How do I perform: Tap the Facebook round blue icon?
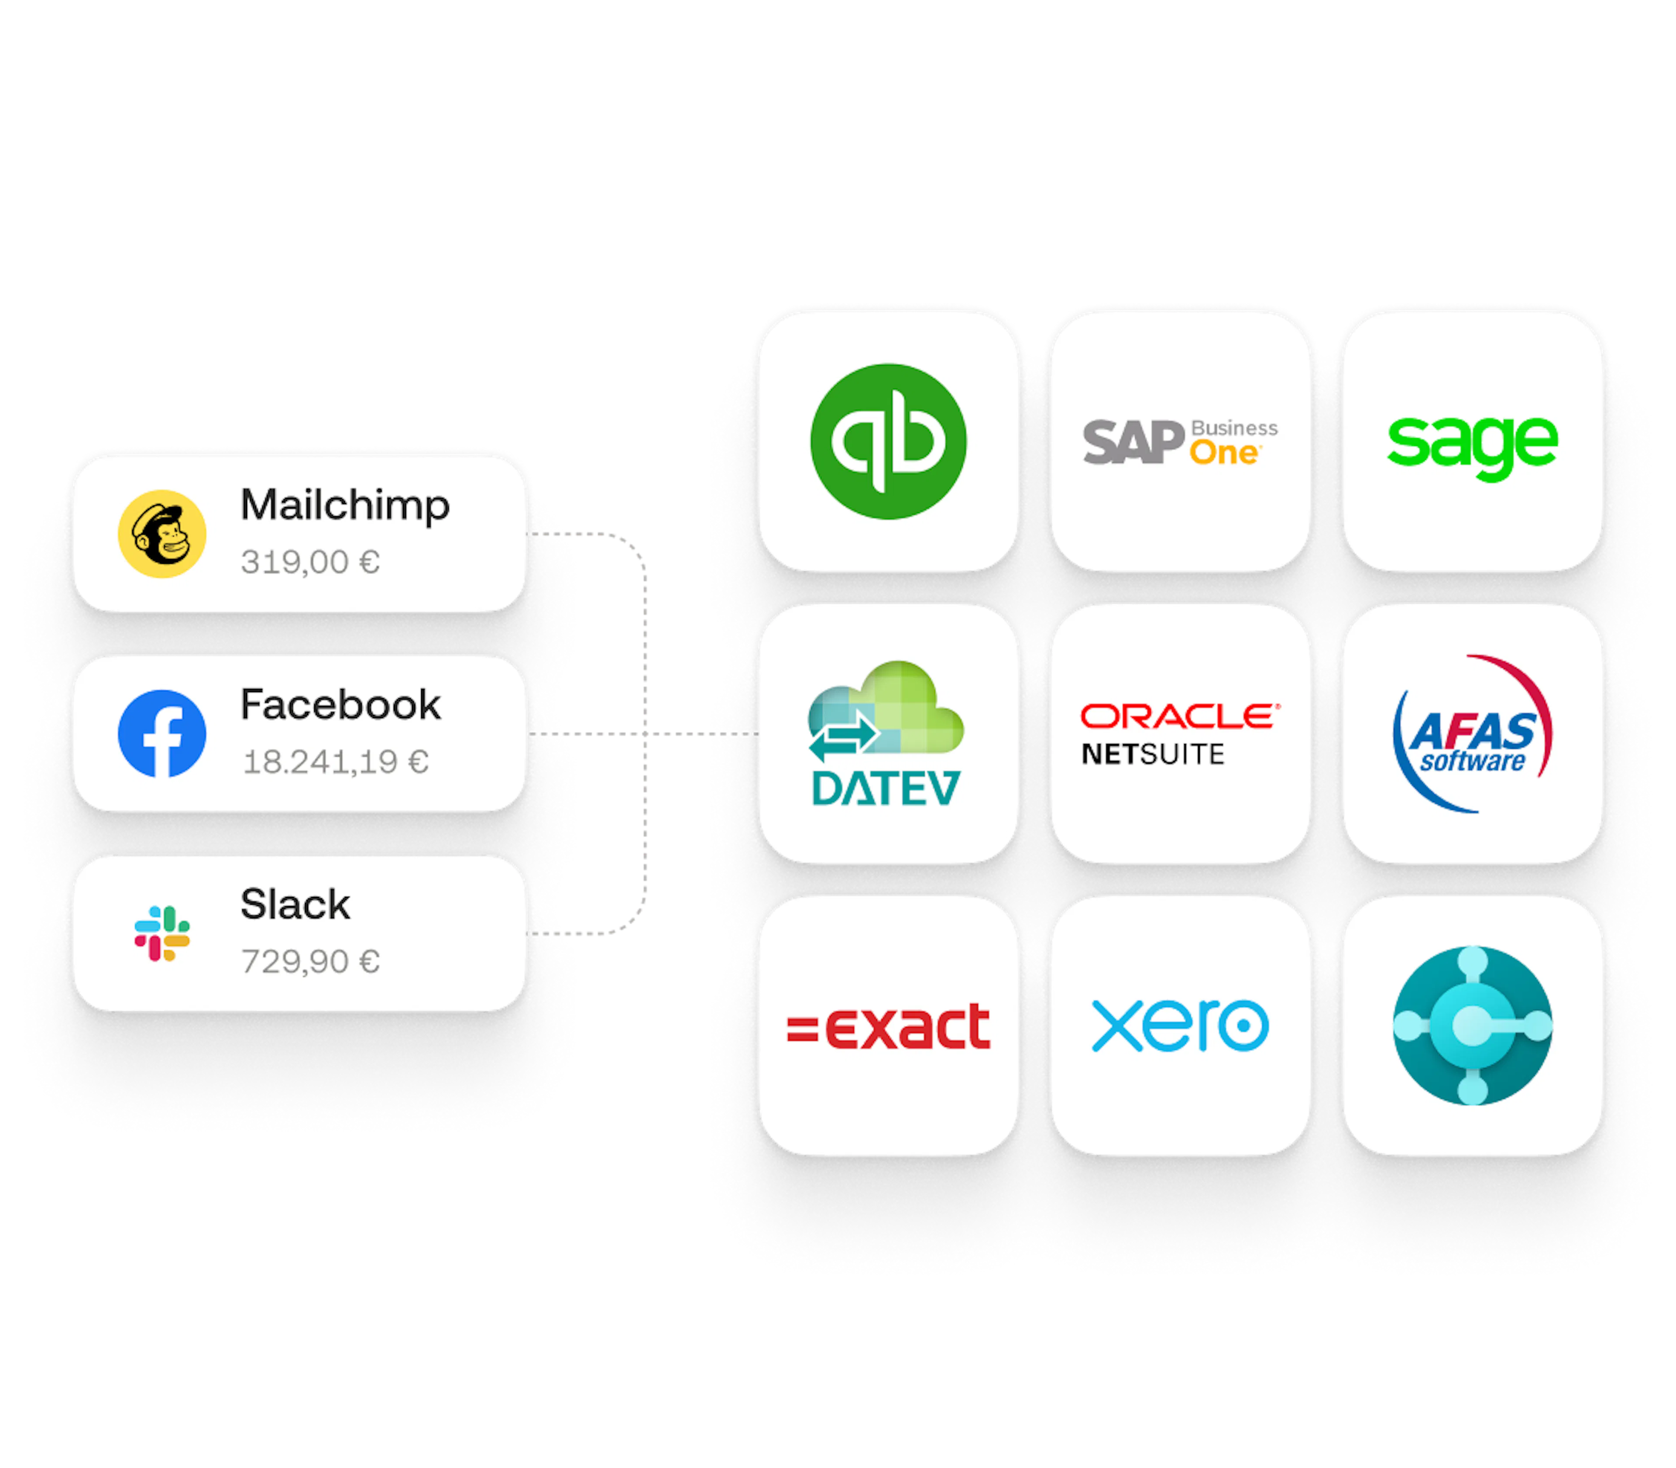[162, 733]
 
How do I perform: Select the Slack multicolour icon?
[162, 933]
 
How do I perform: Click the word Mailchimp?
[345, 504]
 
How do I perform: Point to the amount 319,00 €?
[309, 562]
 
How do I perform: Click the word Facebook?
[340, 704]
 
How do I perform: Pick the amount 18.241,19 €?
[335, 762]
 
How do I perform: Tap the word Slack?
[295, 904]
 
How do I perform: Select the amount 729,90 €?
[309, 961]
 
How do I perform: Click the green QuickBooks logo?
[888, 442]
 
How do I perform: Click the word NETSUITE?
[1153, 754]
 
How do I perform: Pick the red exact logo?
[888, 1026]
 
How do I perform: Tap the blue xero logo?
[1180, 1025]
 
